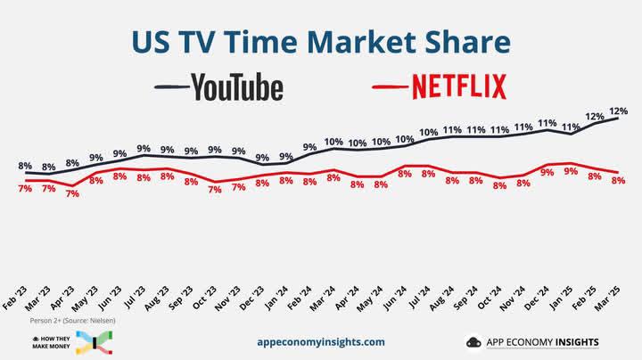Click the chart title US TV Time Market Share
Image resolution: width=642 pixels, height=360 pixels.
pyautogui.click(x=321, y=43)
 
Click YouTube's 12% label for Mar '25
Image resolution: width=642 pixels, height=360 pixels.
pyautogui.click(x=619, y=110)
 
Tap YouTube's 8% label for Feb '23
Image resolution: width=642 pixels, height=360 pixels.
pyautogui.click(x=25, y=166)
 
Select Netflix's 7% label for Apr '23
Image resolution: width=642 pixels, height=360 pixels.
pyautogui.click(x=72, y=194)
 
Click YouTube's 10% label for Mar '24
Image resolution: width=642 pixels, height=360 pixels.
pyautogui.click(x=333, y=142)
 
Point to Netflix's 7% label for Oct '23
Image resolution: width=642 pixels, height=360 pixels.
pyautogui.click(x=215, y=190)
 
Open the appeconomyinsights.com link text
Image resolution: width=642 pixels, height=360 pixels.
pyautogui.click(x=320, y=341)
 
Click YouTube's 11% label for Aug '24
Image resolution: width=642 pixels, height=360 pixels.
pyautogui.click(x=452, y=130)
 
